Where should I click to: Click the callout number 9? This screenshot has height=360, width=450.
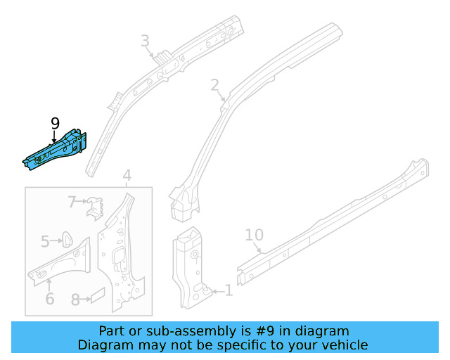[56, 124]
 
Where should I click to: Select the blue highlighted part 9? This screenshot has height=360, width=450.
[56, 148]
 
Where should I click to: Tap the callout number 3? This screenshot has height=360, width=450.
[145, 41]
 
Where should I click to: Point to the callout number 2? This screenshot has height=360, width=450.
[214, 86]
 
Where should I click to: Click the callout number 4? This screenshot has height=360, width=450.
[127, 175]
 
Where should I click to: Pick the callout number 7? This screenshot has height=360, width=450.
[72, 202]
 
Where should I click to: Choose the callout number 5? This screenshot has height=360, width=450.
[45, 242]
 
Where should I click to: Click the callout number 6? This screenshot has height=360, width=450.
[50, 298]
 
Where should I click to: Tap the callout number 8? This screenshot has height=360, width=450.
[75, 299]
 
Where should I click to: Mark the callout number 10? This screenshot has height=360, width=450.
[253, 235]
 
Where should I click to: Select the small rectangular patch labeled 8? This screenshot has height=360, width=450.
[98, 295]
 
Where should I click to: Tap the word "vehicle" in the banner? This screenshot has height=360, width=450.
[345, 345]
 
